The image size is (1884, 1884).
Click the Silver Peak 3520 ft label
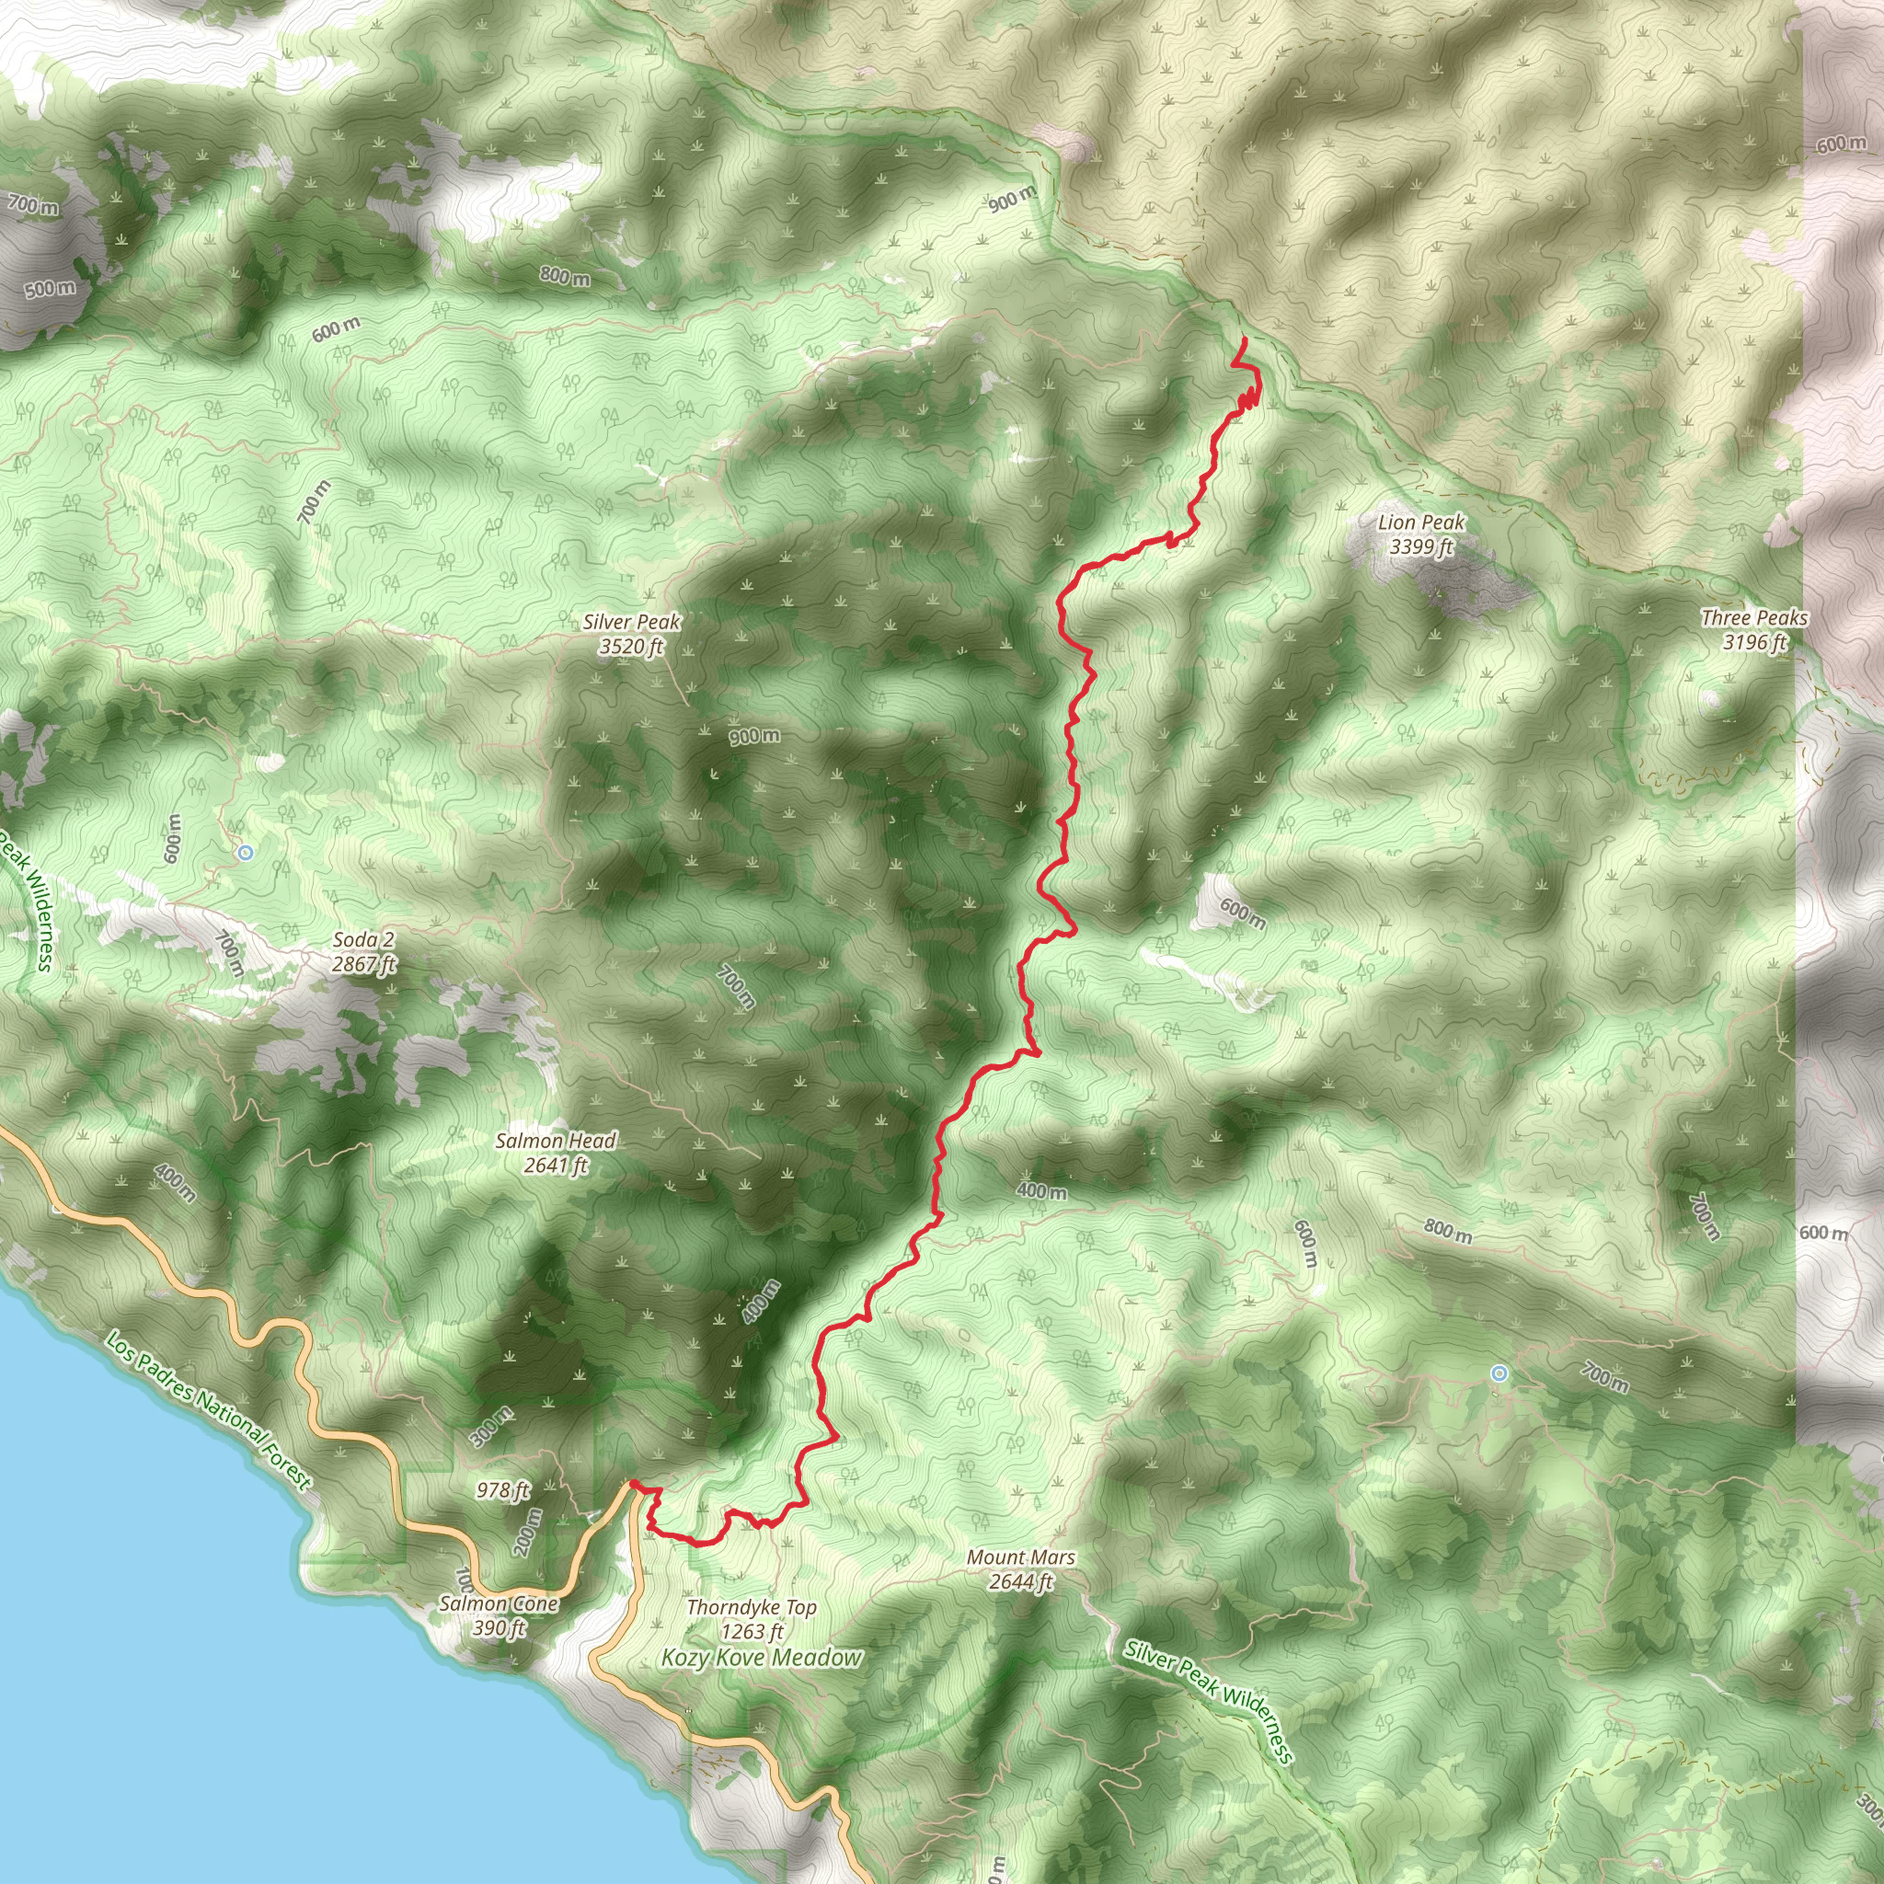pyautogui.click(x=632, y=634)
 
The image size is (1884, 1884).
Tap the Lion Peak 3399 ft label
pyautogui.click(x=1420, y=534)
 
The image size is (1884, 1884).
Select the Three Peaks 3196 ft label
pyautogui.click(x=1754, y=629)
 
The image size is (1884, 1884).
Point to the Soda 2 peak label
pyautogui.click(x=363, y=952)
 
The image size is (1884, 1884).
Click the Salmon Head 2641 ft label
pyautogui.click(x=556, y=1152)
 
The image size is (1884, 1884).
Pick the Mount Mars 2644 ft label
pyautogui.click(x=1021, y=1569)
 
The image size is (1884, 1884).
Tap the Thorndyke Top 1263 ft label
pyautogui.click(x=752, y=1619)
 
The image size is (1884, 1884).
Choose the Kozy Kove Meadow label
pyautogui.click(x=762, y=1657)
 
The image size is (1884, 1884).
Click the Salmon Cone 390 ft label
pyautogui.click(x=500, y=1614)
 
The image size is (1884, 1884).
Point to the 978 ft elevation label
pyautogui.click(x=503, y=1490)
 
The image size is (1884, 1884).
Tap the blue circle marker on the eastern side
pyautogui.click(x=1499, y=1374)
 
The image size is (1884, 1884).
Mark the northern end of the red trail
pyautogui.click(x=1245, y=339)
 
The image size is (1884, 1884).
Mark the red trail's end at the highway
pyautogui.click(x=632, y=1483)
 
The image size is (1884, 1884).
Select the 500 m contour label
pyautogui.click(x=50, y=289)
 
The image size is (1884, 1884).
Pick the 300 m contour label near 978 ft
pyautogui.click(x=490, y=1428)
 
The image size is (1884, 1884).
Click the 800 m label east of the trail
pyautogui.click(x=1447, y=1231)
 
